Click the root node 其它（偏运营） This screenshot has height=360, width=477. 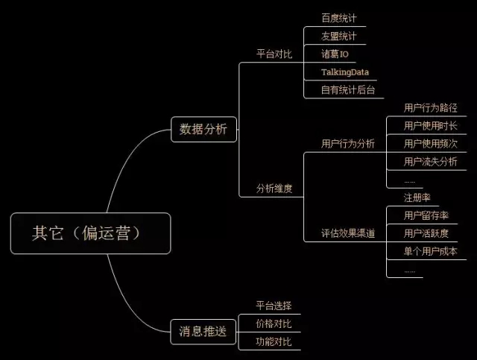[x=91, y=233]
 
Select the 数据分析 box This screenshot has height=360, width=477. [x=203, y=130]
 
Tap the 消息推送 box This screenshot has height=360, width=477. [x=203, y=332]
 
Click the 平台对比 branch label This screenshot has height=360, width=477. [x=274, y=54]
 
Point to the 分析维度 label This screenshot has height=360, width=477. [x=274, y=189]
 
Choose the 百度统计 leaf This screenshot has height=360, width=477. [x=339, y=18]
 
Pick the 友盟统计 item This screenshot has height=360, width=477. [x=339, y=37]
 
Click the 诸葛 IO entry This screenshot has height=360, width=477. [x=335, y=54]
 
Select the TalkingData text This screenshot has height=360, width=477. [x=345, y=72]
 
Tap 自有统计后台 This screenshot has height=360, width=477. [x=348, y=90]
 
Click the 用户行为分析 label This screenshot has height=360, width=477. [x=348, y=144]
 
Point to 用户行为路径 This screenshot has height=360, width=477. [x=431, y=108]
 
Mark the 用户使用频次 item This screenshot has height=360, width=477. [x=431, y=144]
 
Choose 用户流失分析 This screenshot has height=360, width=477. [x=431, y=162]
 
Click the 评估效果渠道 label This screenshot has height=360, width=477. [x=348, y=233]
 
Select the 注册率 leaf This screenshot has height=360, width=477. [x=417, y=198]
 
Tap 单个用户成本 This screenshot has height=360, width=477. [x=431, y=251]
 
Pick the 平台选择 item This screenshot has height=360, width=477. [x=274, y=306]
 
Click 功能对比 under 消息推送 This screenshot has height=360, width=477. [x=274, y=342]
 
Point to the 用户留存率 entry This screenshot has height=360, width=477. [x=426, y=215]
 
